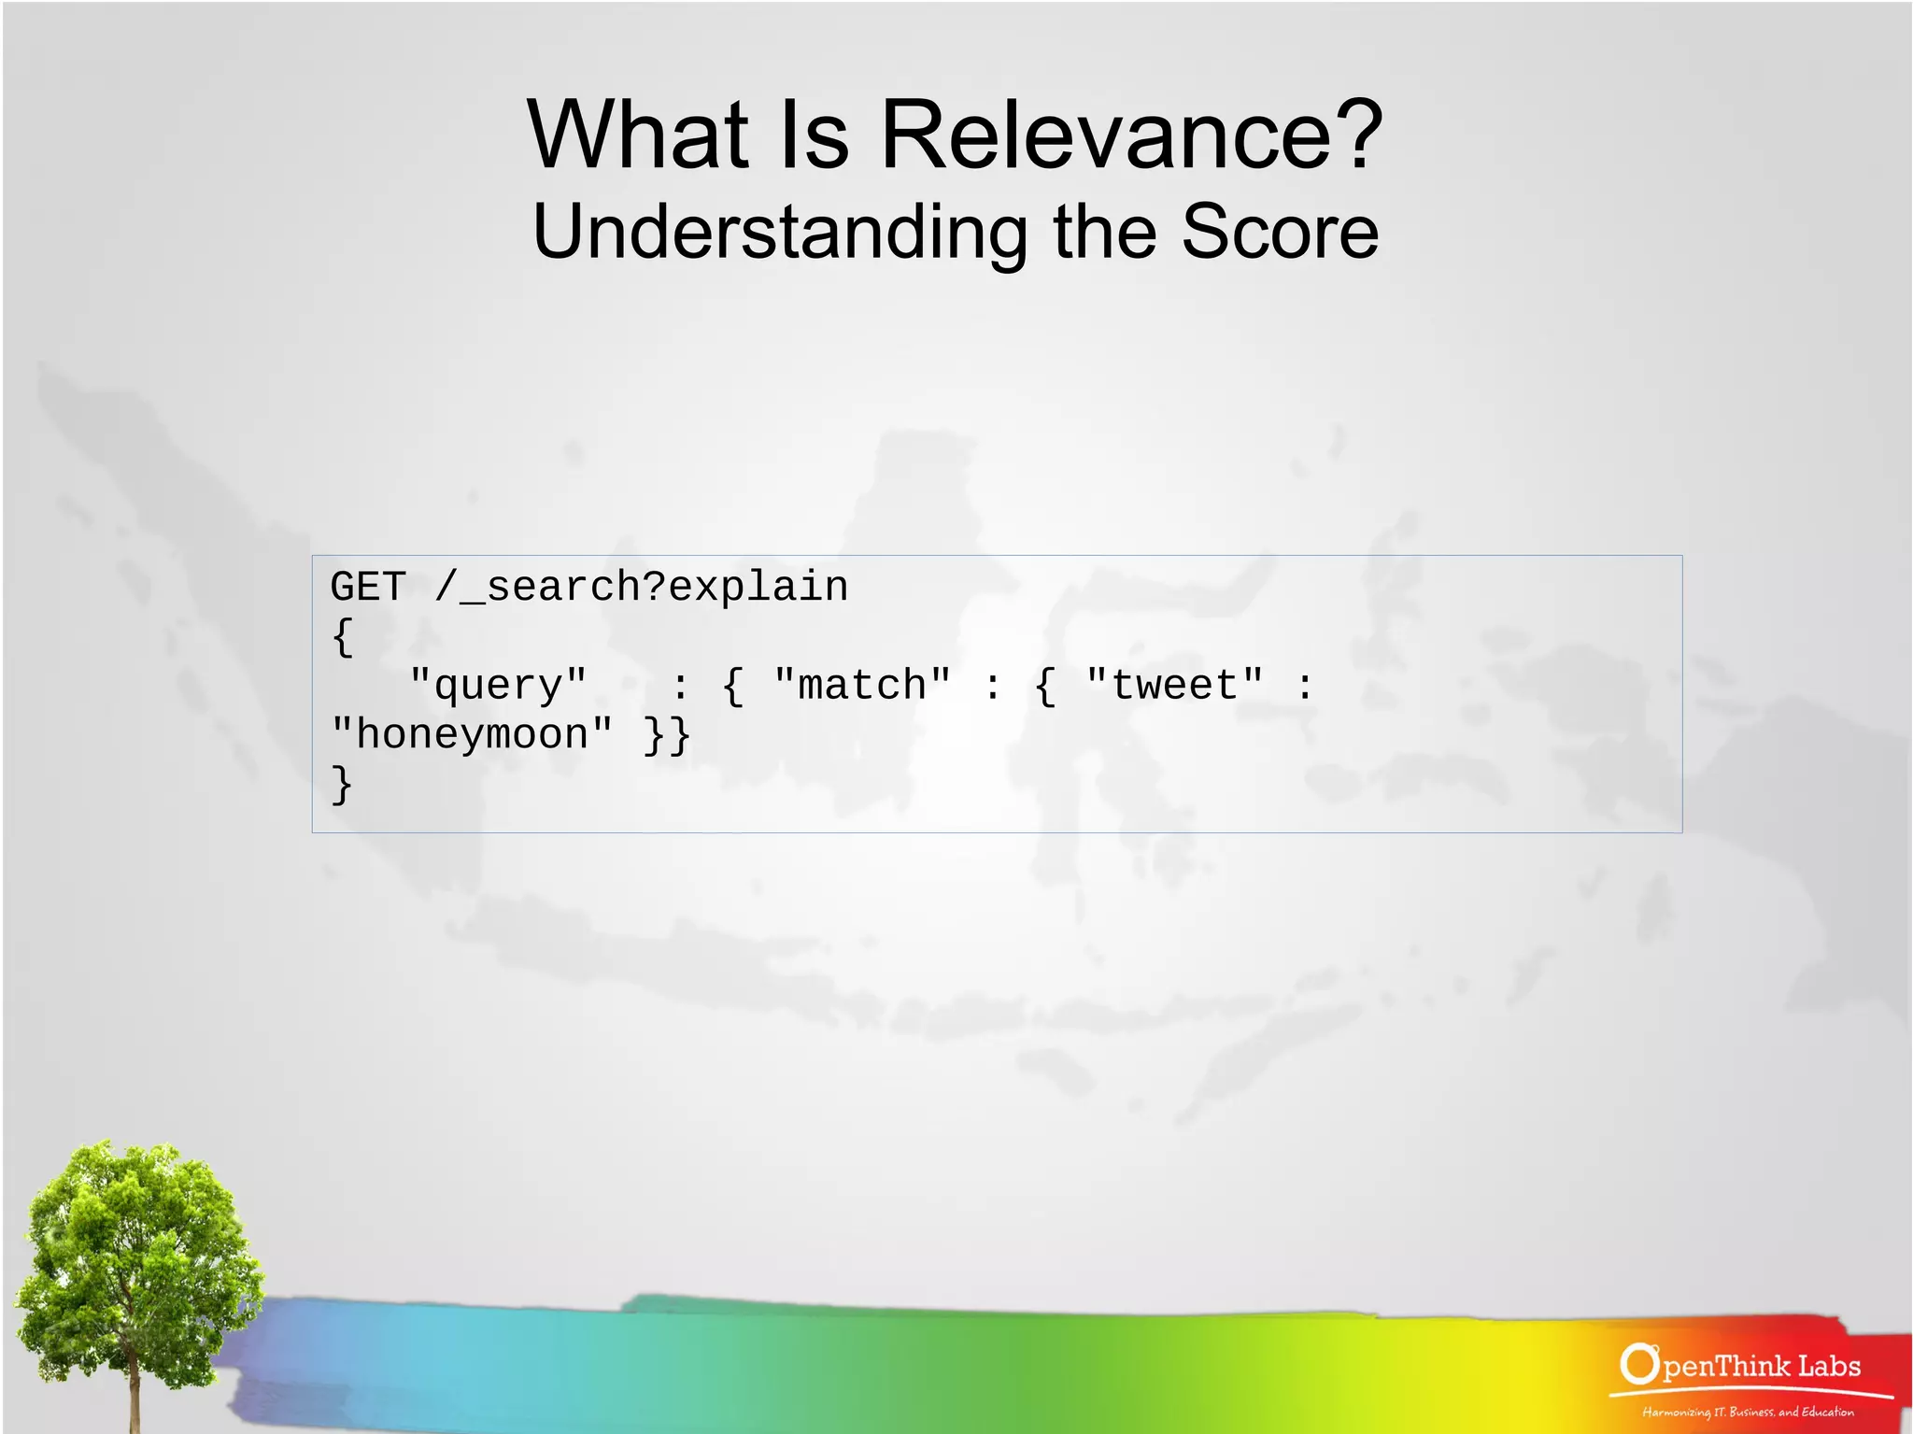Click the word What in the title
pyautogui.click(x=639, y=136)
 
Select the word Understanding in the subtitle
pyautogui.click(x=779, y=234)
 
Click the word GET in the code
pyautogui.click(x=368, y=588)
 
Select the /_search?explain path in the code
pyautogui.click(x=641, y=588)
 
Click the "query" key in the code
pyautogui.click(x=499, y=686)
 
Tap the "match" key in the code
pyautogui.click(x=862, y=686)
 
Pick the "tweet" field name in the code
pyautogui.click(x=1174, y=686)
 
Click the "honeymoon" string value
pyautogui.click(x=473, y=735)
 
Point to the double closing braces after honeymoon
pyautogui.click(x=667, y=735)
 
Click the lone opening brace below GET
pyautogui.click(x=343, y=638)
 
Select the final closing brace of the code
pyautogui.click(x=343, y=785)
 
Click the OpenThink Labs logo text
pyautogui.click(x=1760, y=1367)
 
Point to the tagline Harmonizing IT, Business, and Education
pyautogui.click(x=1748, y=1412)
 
